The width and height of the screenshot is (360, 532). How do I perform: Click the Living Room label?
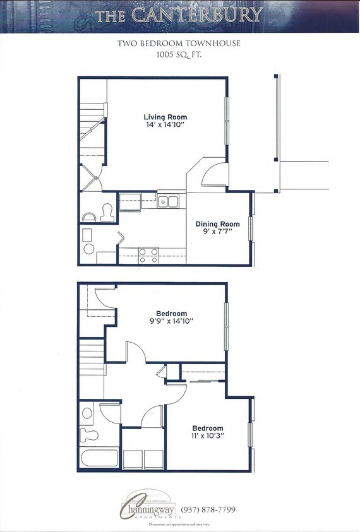point(165,117)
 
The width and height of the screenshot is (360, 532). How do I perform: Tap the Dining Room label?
point(217,224)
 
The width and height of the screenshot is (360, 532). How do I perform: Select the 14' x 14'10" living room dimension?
point(165,126)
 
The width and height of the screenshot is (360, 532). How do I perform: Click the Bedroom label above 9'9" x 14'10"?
point(172,314)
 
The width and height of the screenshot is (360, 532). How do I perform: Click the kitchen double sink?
point(169,202)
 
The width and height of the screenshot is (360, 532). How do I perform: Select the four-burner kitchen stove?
point(148,254)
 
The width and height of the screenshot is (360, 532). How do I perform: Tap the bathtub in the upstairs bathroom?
point(100,458)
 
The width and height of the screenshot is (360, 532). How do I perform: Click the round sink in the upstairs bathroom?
point(87,414)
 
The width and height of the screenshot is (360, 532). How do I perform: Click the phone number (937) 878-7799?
point(208,509)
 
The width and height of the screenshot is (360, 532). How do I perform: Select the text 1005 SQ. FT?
point(180,55)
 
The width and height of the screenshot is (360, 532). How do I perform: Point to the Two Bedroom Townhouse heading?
point(180,44)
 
